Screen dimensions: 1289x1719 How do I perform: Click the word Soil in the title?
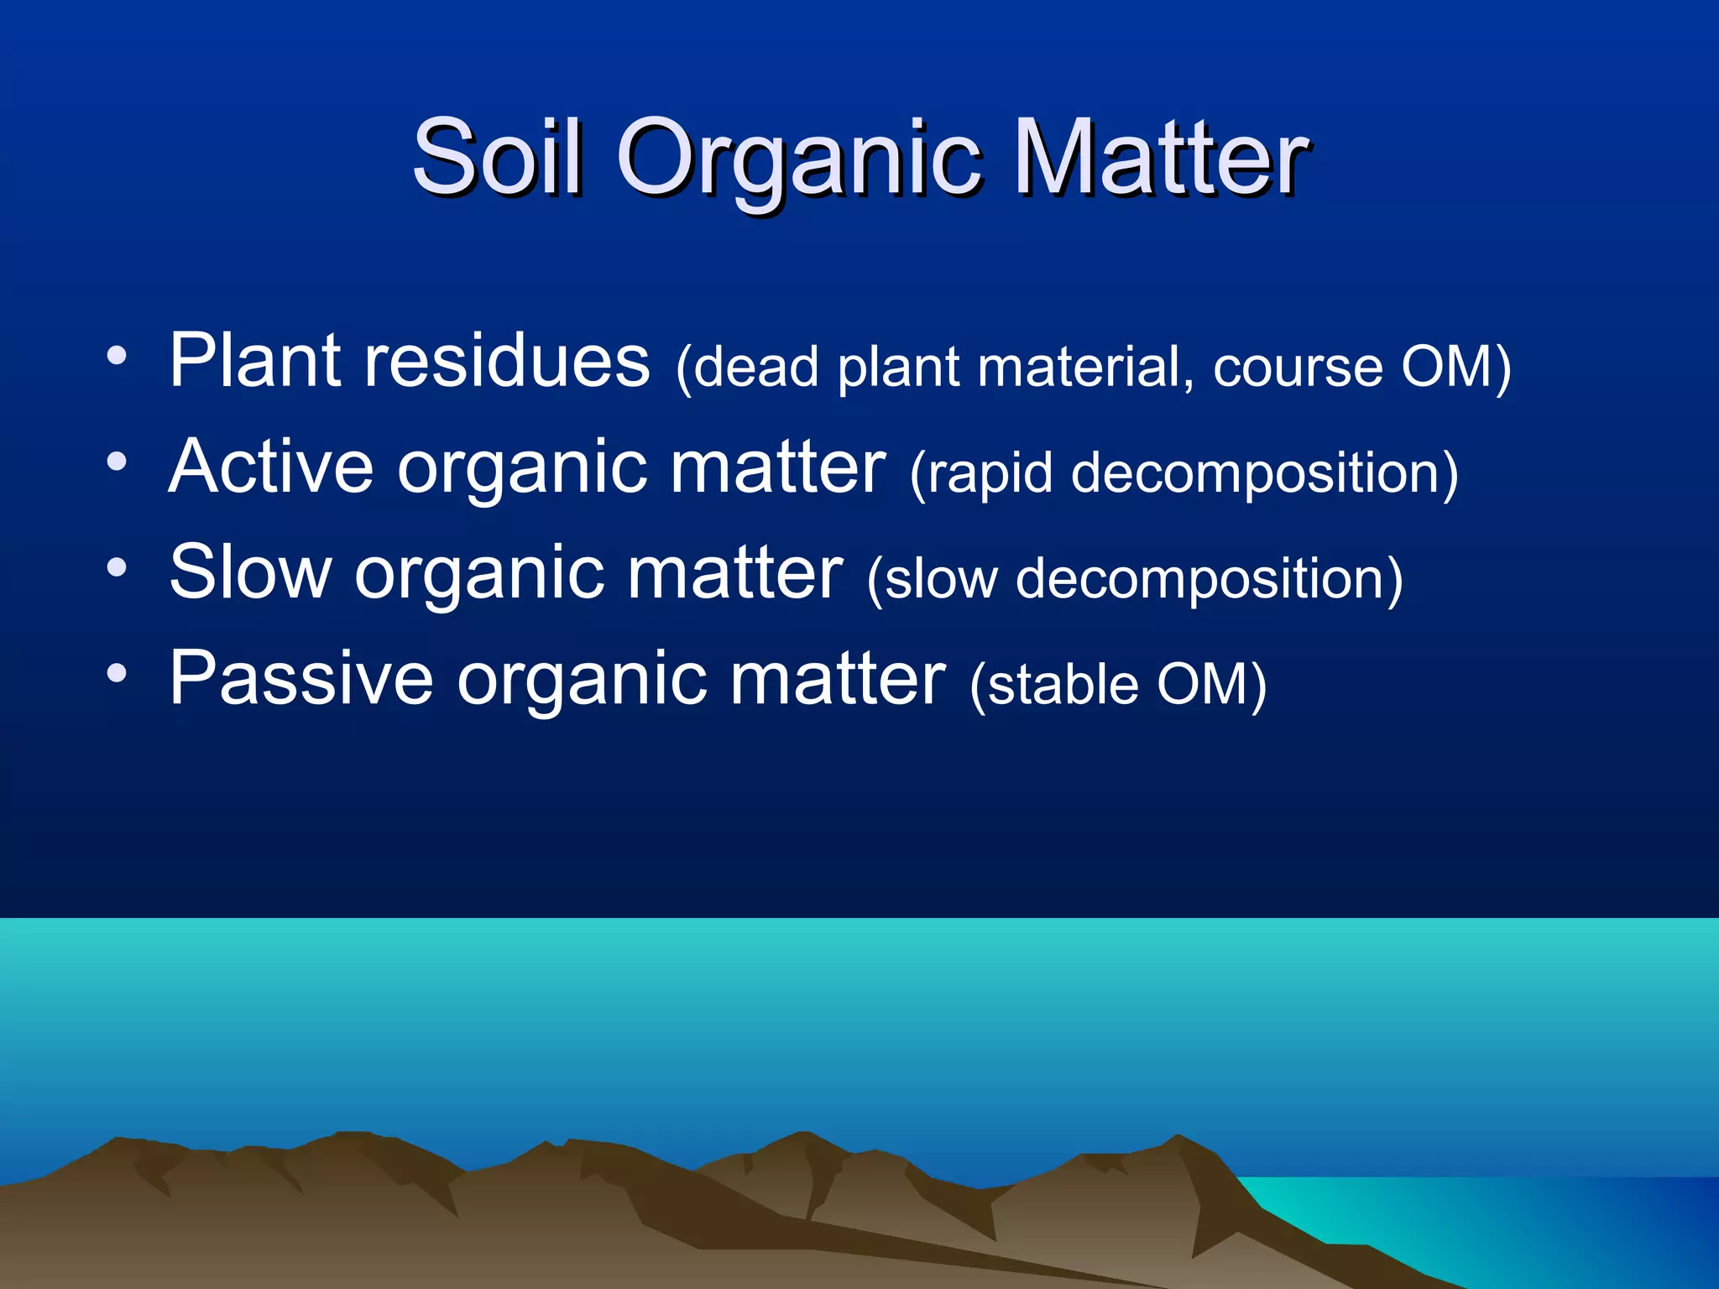click(497, 158)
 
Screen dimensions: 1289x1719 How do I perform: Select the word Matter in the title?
click(1161, 158)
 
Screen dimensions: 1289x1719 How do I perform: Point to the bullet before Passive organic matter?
click(117, 673)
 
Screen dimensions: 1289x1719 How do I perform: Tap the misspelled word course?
click(1298, 368)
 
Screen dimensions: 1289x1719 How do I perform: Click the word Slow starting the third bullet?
click(250, 571)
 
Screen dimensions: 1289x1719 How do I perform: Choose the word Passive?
click(300, 677)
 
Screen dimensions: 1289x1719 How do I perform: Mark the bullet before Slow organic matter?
click(117, 568)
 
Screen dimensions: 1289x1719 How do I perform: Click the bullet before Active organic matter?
click(117, 462)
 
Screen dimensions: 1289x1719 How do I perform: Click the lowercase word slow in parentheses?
click(933, 580)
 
